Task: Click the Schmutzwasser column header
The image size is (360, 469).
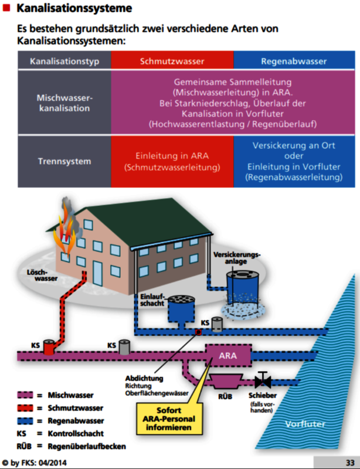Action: click(x=172, y=61)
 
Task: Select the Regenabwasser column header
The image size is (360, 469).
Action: click(x=294, y=61)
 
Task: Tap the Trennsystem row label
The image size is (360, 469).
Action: click(x=64, y=161)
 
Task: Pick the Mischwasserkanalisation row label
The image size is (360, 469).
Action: click(x=64, y=103)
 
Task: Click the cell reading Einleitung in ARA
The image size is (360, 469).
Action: click(x=172, y=161)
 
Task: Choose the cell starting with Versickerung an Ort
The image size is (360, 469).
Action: click(x=294, y=161)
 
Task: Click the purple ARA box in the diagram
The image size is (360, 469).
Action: click(x=228, y=355)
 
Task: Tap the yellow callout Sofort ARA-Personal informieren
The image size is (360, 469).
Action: click(x=169, y=419)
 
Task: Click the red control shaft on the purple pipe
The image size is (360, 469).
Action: click(x=49, y=347)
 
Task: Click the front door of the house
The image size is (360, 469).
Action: click(x=97, y=273)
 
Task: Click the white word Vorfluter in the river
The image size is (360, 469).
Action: click(x=305, y=424)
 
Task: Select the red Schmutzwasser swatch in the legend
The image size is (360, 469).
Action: click(x=25, y=408)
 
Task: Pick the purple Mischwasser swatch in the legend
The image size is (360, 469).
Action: click(x=25, y=395)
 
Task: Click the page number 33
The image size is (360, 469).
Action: click(x=350, y=463)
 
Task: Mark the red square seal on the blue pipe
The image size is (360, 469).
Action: click(x=198, y=332)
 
